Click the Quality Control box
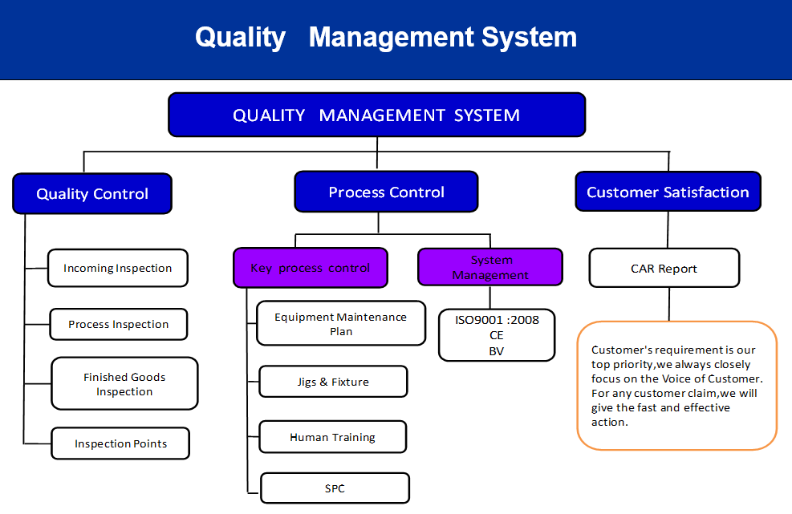tap(92, 193)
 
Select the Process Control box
tap(387, 192)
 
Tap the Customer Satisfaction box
tap(668, 192)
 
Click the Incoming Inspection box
tap(118, 268)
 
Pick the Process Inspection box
tap(119, 324)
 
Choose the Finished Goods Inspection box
tap(124, 384)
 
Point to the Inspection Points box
tap(120, 443)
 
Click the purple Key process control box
tap(311, 268)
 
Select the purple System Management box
tap(490, 267)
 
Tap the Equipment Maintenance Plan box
tap(341, 324)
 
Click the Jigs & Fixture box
tap(333, 382)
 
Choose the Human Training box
tap(333, 437)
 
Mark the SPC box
tap(335, 488)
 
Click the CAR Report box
tap(664, 268)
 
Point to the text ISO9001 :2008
tap(497, 320)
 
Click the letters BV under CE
tap(497, 351)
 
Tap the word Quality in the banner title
tap(241, 38)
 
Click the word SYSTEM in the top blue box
tap(487, 115)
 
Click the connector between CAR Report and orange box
tap(669, 304)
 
